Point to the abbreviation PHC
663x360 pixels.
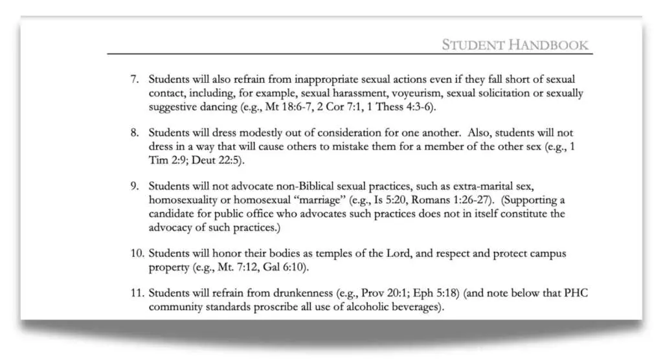(x=576, y=294)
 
